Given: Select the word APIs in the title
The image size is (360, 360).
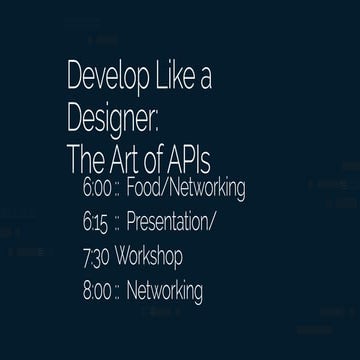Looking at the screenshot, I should point(200,157).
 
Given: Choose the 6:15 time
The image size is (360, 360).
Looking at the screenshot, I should point(99,221).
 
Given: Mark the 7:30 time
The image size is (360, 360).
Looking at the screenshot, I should point(97,257).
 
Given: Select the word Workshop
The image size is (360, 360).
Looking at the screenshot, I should point(149,258).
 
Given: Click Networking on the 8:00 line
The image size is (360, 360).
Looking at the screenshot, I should point(165,293).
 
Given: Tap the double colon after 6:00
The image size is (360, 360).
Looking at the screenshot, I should point(121,189).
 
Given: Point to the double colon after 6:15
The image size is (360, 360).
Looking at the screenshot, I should point(119,223).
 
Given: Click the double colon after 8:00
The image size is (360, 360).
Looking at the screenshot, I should point(119,294).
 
